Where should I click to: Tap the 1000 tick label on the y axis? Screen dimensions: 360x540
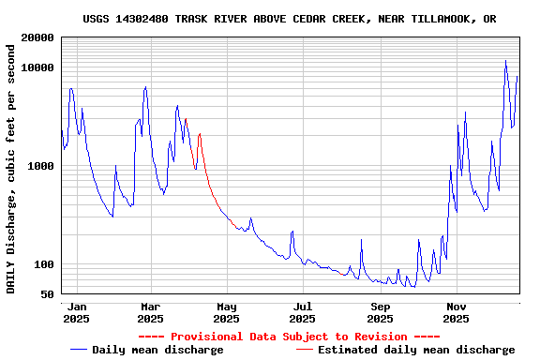(41, 166)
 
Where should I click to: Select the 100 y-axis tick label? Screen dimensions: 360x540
(44, 264)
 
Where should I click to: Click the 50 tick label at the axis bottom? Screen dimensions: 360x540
(48, 294)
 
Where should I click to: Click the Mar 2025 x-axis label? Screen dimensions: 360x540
(150, 312)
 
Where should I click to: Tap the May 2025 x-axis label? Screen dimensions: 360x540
(226, 312)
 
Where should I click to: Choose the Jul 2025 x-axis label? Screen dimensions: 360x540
(302, 312)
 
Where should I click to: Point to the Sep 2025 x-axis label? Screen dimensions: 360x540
(380, 312)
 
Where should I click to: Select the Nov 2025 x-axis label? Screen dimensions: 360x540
(456, 312)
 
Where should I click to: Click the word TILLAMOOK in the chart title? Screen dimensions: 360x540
(442, 19)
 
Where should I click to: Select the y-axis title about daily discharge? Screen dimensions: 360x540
(11, 168)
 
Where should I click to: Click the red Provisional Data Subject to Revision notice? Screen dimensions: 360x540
(289, 337)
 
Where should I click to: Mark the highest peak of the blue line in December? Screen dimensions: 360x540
(505, 61)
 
